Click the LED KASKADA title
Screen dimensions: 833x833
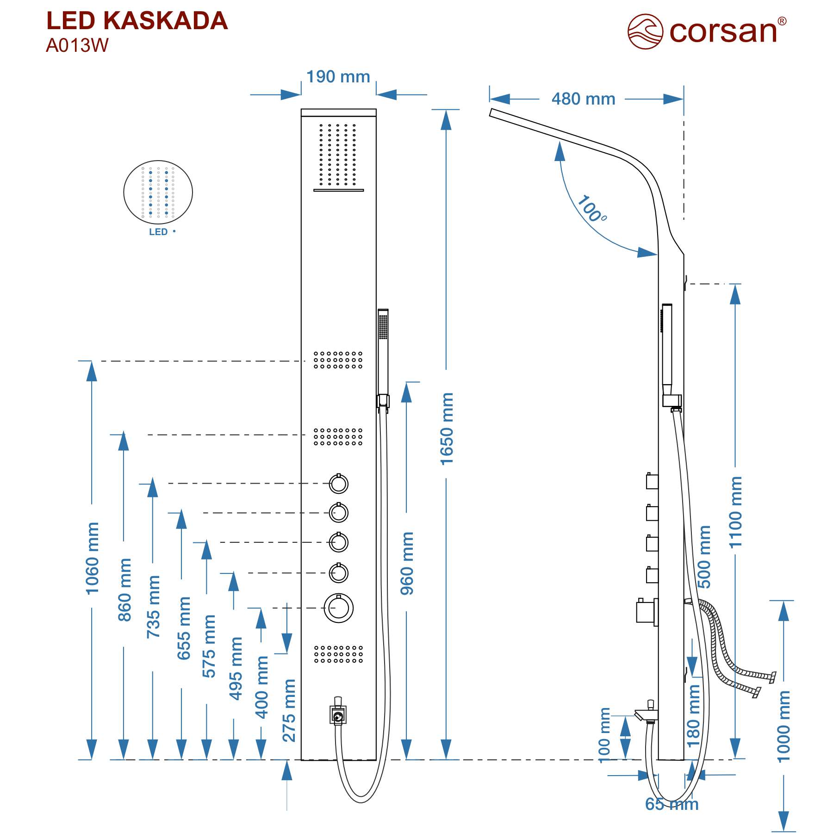(x=137, y=21)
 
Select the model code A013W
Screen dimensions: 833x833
(x=77, y=45)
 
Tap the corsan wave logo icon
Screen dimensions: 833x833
(x=645, y=31)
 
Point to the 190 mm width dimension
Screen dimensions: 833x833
(x=338, y=77)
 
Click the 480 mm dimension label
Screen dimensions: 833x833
(x=583, y=99)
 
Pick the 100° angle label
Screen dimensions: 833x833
(x=591, y=209)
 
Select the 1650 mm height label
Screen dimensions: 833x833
(x=447, y=429)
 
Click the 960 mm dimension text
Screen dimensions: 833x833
(x=407, y=563)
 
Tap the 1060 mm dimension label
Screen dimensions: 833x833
(x=92, y=558)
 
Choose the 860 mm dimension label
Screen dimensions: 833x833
(x=124, y=590)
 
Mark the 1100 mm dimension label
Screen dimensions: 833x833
(x=735, y=512)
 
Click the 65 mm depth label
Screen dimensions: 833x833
(x=672, y=804)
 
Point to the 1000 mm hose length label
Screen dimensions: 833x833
(x=783, y=727)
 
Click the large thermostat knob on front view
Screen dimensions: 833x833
(x=339, y=608)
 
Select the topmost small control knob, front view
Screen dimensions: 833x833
(x=339, y=484)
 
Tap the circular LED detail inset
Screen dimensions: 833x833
(x=158, y=192)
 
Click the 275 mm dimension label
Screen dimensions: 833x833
(x=289, y=710)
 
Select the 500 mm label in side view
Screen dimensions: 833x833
(x=703, y=557)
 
